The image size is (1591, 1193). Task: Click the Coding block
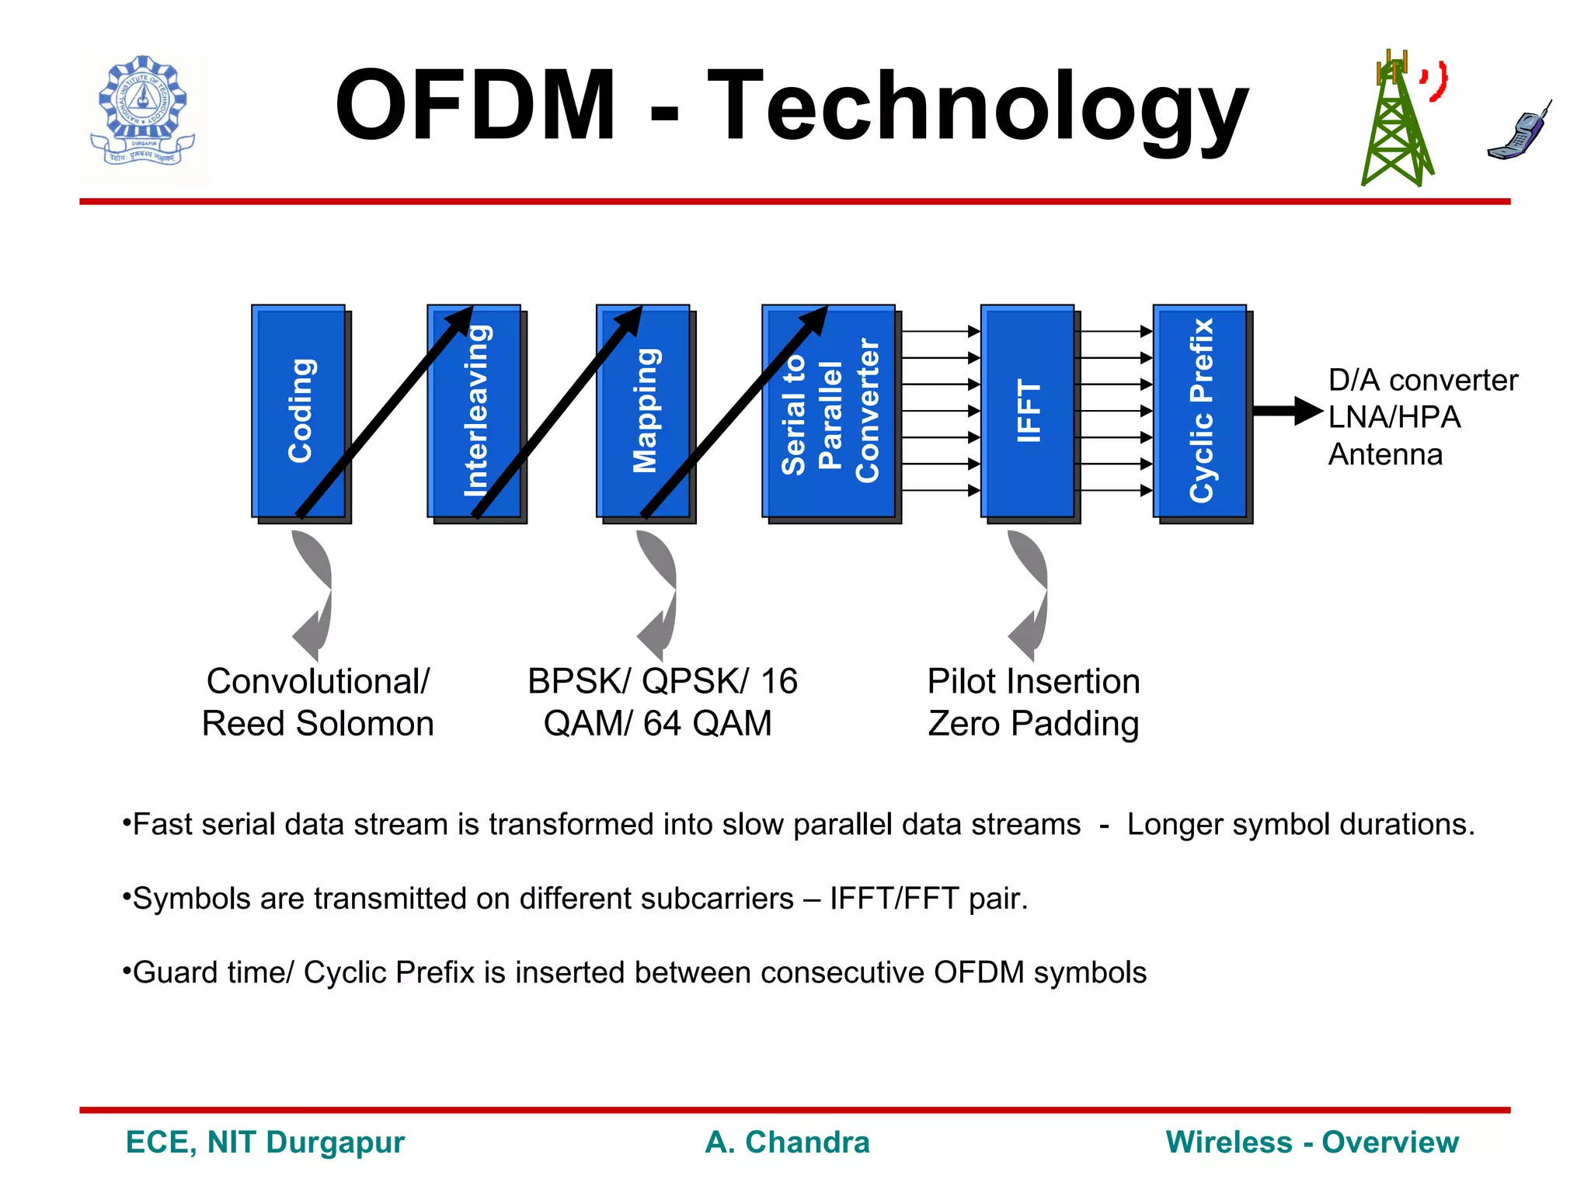pyautogui.click(x=298, y=411)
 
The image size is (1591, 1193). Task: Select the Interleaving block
pyautogui.click(x=475, y=411)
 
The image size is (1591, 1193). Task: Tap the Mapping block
pyautogui.click(x=644, y=411)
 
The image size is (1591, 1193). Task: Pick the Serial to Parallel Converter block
pyautogui.click(x=830, y=411)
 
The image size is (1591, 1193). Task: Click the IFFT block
pyautogui.click(x=1028, y=411)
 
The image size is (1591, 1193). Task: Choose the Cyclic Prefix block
pyautogui.click(x=1201, y=411)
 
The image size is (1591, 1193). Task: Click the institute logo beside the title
pyautogui.click(x=144, y=113)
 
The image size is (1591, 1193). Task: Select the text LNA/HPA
pyautogui.click(x=1394, y=418)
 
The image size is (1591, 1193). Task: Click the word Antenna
pyautogui.click(x=1385, y=454)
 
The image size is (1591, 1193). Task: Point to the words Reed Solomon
pyautogui.click(x=318, y=724)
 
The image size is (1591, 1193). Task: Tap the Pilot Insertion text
pyautogui.click(x=1033, y=682)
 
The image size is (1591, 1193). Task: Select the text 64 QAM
pyautogui.click(x=707, y=724)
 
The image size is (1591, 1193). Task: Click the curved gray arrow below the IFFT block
pyautogui.click(x=1029, y=594)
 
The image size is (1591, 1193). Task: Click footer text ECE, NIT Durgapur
pyautogui.click(x=265, y=1143)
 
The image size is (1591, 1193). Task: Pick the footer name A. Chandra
pyautogui.click(x=787, y=1143)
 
